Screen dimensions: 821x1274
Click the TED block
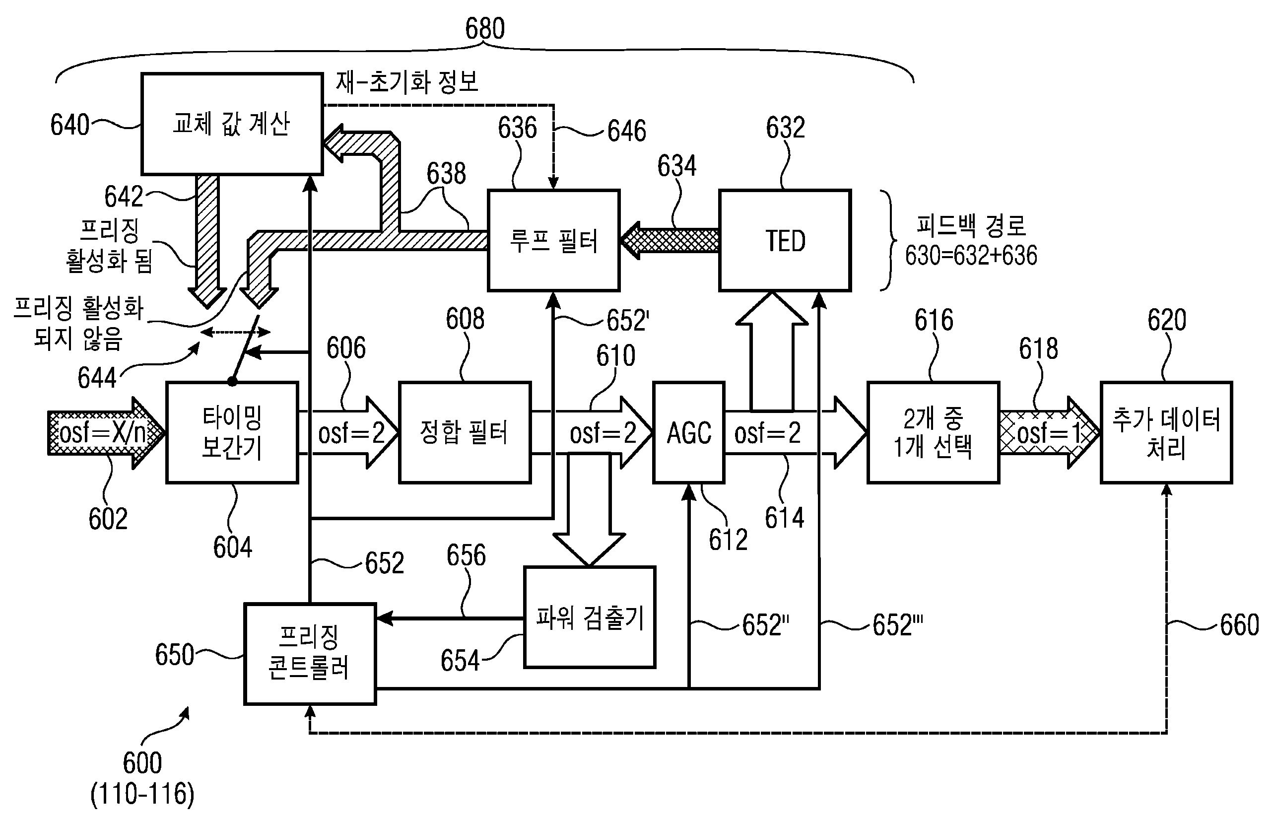click(x=785, y=240)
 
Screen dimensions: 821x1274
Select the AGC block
click(x=689, y=432)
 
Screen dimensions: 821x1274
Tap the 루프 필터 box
click(x=554, y=240)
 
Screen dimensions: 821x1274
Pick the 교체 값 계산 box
click(x=232, y=124)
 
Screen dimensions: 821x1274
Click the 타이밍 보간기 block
click(x=232, y=432)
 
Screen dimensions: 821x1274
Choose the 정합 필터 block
click(x=465, y=432)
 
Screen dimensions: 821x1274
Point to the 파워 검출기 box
click(x=590, y=617)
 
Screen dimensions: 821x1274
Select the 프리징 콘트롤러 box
click(x=310, y=654)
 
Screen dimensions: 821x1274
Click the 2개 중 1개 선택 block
click(x=933, y=432)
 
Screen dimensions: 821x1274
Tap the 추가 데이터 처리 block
click(x=1166, y=432)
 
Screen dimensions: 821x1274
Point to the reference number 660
click(x=1239, y=625)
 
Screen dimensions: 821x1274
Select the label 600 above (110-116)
click(x=142, y=763)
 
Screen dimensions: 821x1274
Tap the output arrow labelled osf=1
click(x=1048, y=433)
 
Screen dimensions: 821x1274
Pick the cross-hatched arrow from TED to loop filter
click(x=670, y=241)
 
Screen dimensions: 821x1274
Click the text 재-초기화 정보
click(x=407, y=82)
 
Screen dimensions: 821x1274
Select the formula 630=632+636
click(x=971, y=255)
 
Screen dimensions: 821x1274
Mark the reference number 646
click(x=627, y=131)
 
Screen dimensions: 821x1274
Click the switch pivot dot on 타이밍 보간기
click(x=232, y=382)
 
